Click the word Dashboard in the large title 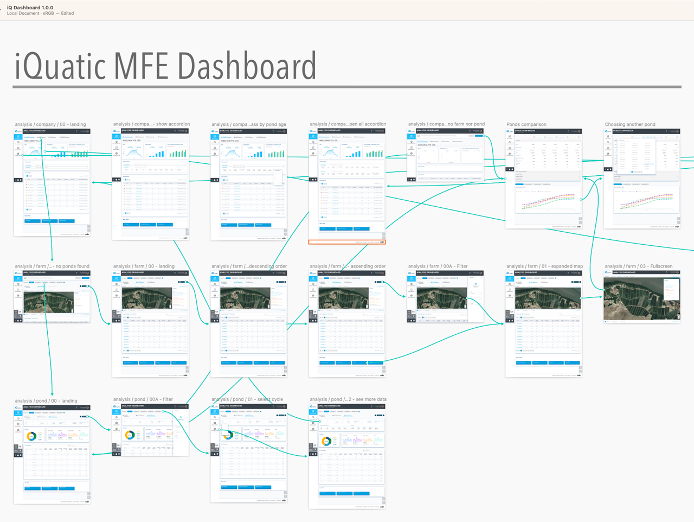coord(247,66)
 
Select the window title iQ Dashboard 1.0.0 coord(30,8)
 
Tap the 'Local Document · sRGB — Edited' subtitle coord(40,14)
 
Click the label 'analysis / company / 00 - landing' coord(50,125)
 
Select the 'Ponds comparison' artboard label coord(526,125)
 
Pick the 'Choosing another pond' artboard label coord(629,125)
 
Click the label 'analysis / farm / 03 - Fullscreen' coord(638,266)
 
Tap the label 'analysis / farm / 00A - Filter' coord(438,266)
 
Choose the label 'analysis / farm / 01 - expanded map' coord(544,266)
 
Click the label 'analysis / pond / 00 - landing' coord(46,401)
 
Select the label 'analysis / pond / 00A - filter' coord(143,399)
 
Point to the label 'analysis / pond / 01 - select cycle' coord(247,399)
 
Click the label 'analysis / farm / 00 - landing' coord(144,266)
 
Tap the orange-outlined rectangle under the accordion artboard coord(347,242)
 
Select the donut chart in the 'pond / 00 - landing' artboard coord(31,436)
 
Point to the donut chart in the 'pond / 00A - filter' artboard coord(130,435)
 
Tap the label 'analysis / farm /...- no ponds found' coord(52,266)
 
